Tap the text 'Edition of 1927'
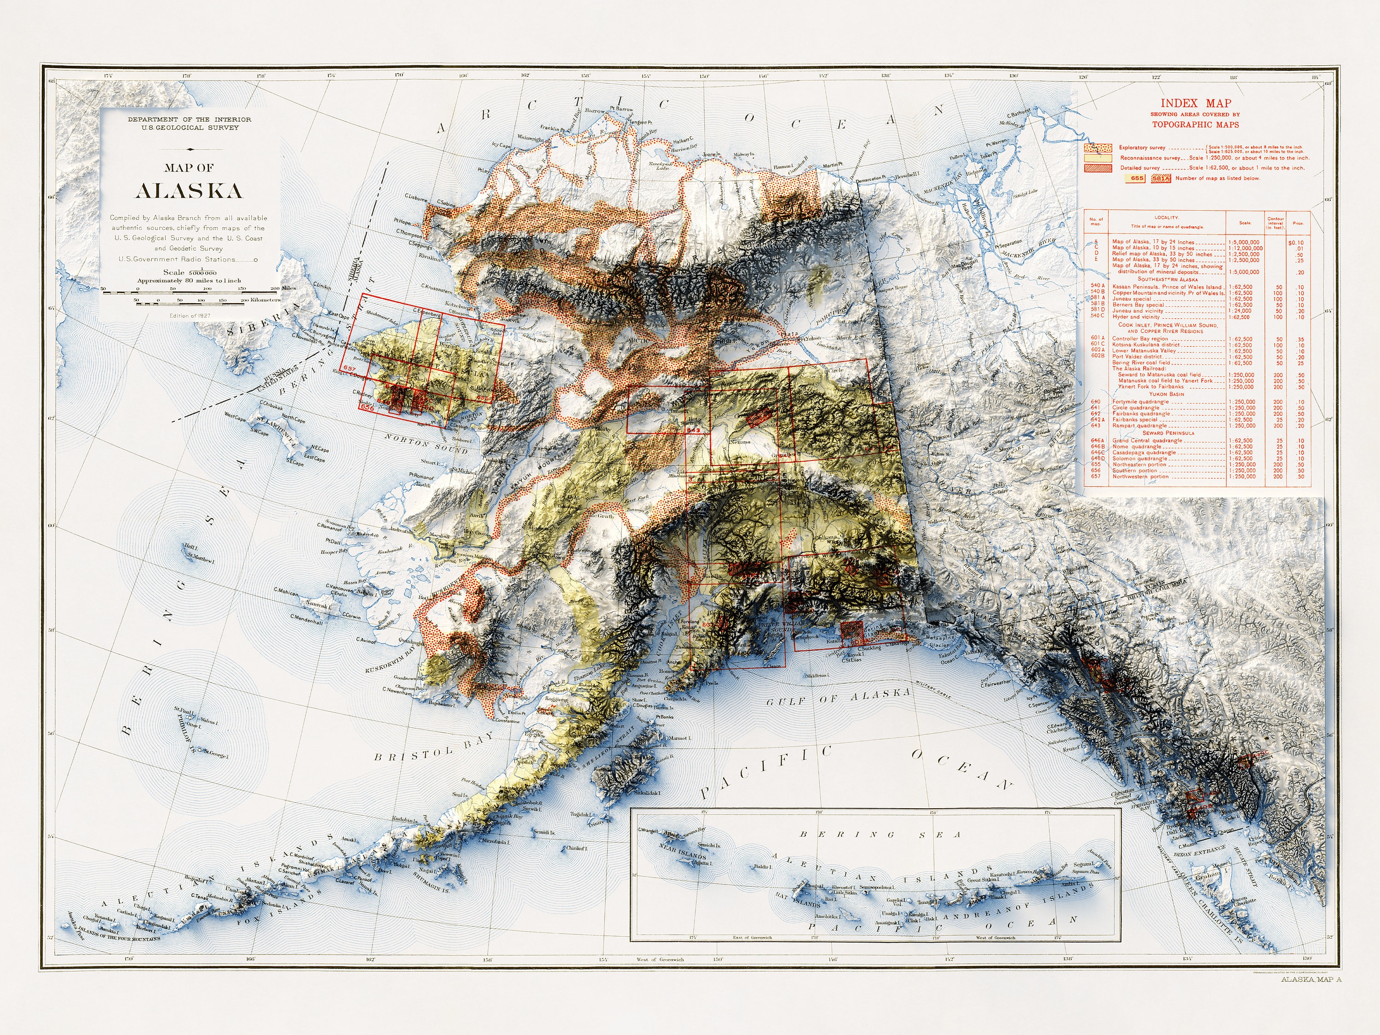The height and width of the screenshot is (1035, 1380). [190, 316]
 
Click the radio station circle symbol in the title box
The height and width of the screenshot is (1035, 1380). [256, 259]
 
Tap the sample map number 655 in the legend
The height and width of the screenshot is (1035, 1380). [1137, 178]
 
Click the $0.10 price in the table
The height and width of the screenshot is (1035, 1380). [1296, 242]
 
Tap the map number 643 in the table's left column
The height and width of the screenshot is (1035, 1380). [1096, 425]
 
